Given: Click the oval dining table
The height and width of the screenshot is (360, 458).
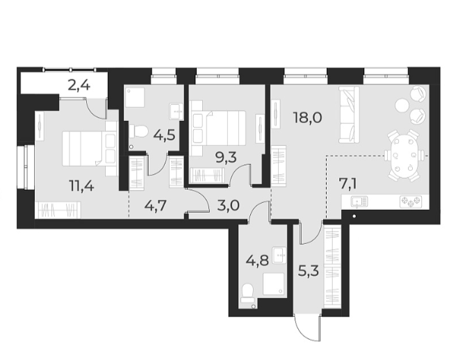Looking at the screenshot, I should point(404,156).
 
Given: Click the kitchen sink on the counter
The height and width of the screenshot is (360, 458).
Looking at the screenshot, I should point(360,202).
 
